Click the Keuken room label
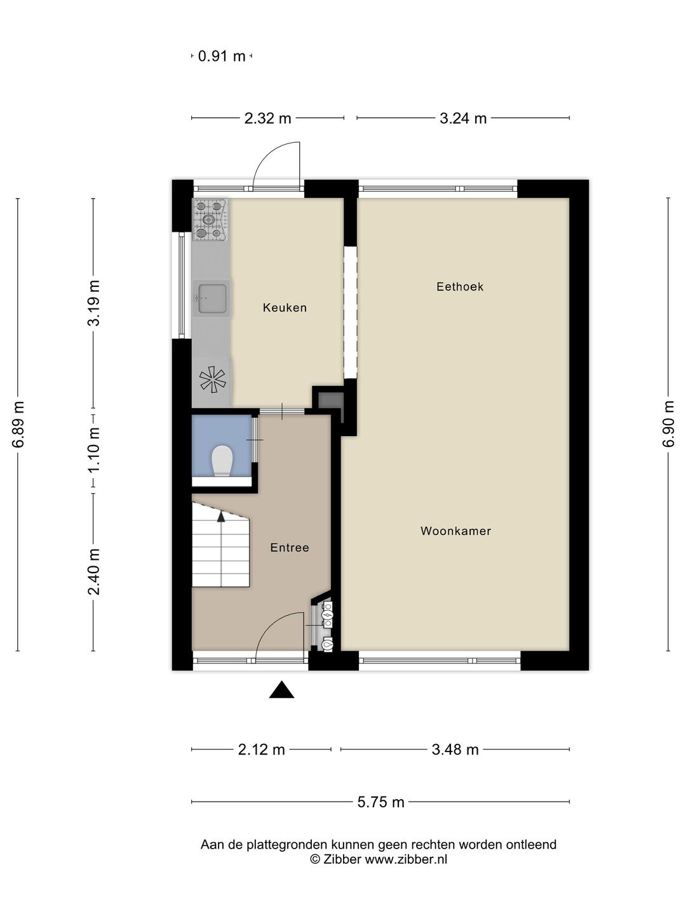coord(285,308)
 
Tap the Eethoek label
coord(460,287)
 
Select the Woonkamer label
coord(455,531)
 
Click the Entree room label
coord(290,548)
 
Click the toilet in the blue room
coord(222,460)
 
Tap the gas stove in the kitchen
coord(210,219)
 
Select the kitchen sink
coord(212,299)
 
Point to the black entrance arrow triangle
coord(281,690)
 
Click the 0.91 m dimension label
coord(222,56)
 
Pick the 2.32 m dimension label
coord(267,118)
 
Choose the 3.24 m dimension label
coord(463,118)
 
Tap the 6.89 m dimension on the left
coord(18,424)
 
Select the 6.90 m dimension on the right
coord(668,424)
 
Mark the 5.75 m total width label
coord(380,802)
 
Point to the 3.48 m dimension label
coord(455,750)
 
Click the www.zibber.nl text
coord(406,859)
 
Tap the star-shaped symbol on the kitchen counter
coord(212,380)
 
